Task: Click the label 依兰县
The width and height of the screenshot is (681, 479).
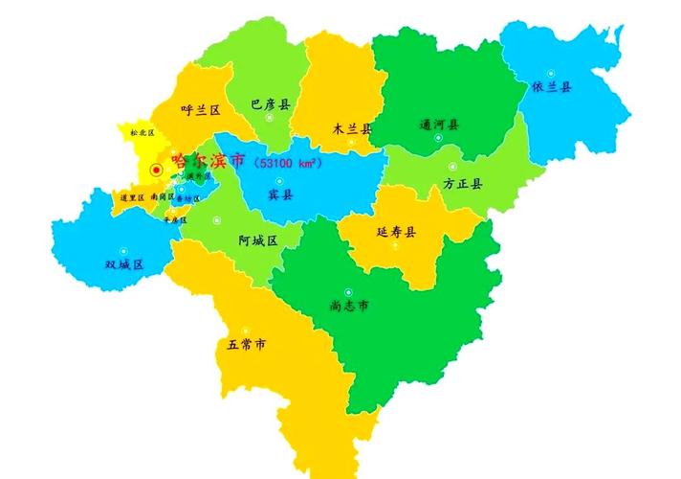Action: coord(553,87)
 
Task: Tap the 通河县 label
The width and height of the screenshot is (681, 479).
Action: coord(439,125)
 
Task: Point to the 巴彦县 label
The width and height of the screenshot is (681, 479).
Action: coord(270,103)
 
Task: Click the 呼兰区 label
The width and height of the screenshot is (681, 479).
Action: coord(202,110)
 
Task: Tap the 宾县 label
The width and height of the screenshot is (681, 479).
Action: coord(280,194)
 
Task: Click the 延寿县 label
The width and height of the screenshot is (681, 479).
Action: coord(396,232)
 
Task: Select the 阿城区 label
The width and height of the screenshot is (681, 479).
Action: coord(257,240)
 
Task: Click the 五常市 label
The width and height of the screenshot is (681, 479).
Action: coord(246,344)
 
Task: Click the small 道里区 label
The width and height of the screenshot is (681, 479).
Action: coord(132,197)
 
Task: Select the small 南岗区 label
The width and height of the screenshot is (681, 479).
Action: coord(162,197)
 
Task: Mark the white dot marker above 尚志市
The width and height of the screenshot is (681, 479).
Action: coord(349,291)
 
